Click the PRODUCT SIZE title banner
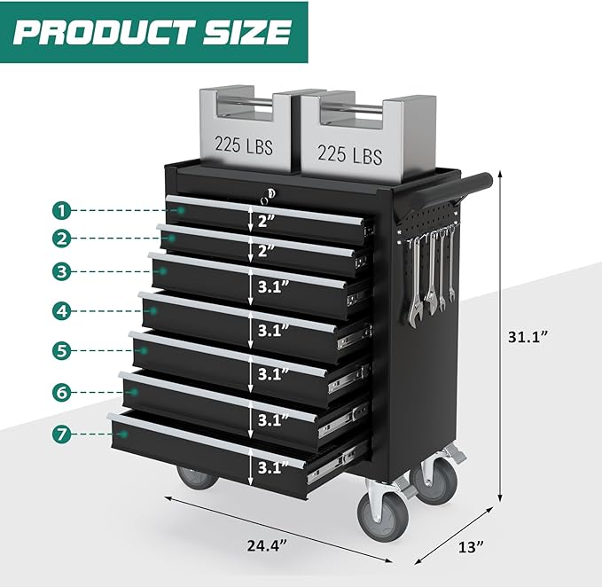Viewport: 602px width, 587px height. pyautogui.click(x=152, y=32)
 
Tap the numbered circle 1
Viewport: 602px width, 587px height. pyautogui.click(x=60, y=210)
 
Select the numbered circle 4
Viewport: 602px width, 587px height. pyautogui.click(x=60, y=310)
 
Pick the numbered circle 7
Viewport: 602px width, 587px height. pyautogui.click(x=60, y=434)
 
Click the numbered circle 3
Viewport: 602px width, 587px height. pyautogui.click(x=60, y=270)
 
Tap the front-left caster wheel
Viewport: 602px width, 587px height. pyautogui.click(x=197, y=476)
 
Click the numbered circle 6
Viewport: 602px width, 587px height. pyautogui.click(x=60, y=391)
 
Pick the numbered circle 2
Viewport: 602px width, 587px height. pyautogui.click(x=60, y=238)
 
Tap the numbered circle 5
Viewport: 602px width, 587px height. pyautogui.click(x=60, y=350)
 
